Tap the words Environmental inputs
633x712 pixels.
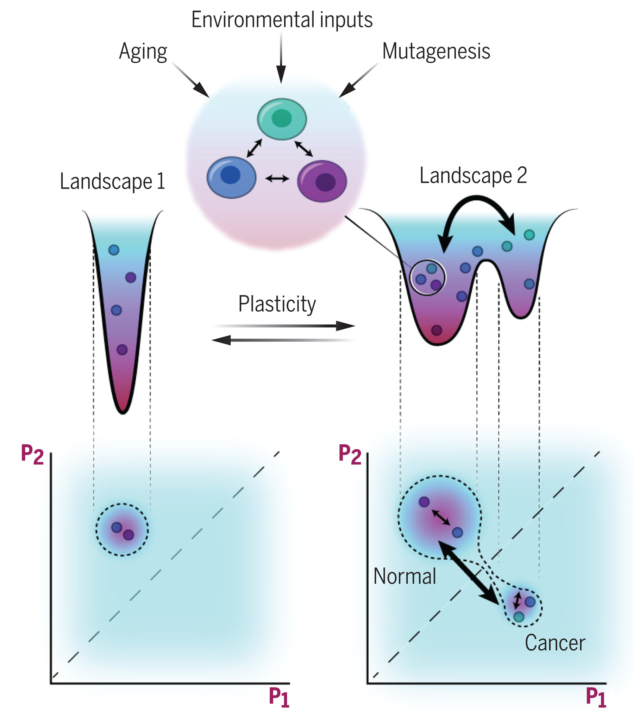point(282,20)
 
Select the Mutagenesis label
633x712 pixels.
point(436,51)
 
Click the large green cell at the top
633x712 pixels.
point(282,119)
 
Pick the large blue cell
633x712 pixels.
point(231,177)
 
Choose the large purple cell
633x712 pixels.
point(322,181)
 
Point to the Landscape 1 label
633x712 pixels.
point(112,181)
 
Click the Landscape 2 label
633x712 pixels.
point(473,175)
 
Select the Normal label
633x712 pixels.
point(405,576)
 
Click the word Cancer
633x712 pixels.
point(555,643)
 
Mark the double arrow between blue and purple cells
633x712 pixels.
point(277,179)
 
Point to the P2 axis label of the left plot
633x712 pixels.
point(32,454)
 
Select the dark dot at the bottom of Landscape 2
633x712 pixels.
point(437,330)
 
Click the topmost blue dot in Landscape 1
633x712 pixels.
point(114,250)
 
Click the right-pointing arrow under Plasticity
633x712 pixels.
point(283,326)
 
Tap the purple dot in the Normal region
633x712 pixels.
point(424,501)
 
